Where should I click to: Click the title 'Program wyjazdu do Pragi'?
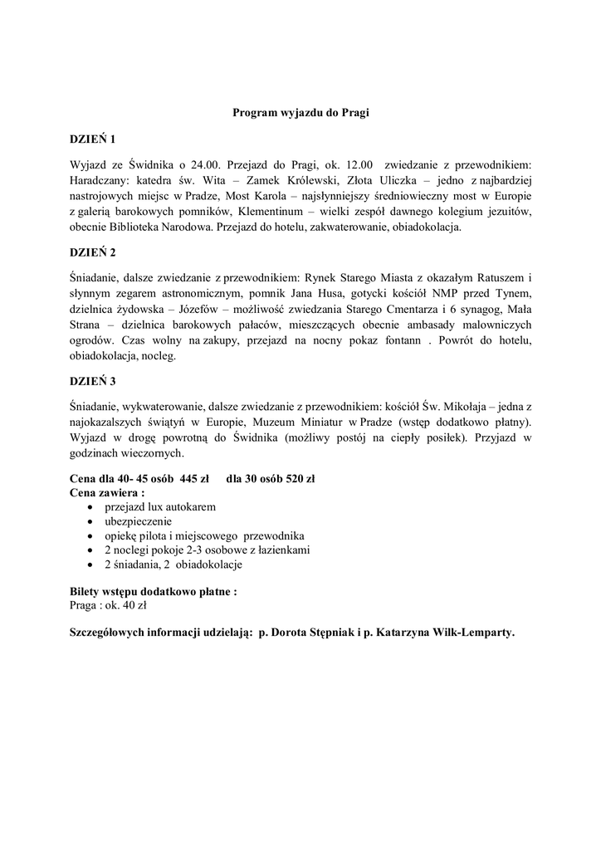click(x=300, y=114)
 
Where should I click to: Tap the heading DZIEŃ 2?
click(x=93, y=253)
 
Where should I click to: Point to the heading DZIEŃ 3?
click(x=93, y=381)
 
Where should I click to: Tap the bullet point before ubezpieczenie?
click(x=90, y=521)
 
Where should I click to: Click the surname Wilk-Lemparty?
click(x=471, y=632)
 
